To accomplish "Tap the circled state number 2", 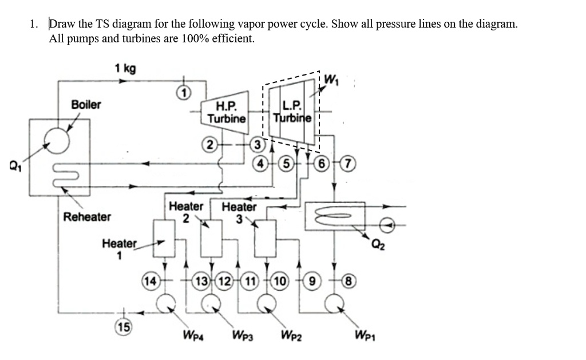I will [x=210, y=145].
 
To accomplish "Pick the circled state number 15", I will [x=122, y=327].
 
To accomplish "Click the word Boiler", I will [x=86, y=104].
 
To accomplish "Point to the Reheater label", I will [x=87, y=217].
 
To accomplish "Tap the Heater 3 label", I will [x=239, y=211].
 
